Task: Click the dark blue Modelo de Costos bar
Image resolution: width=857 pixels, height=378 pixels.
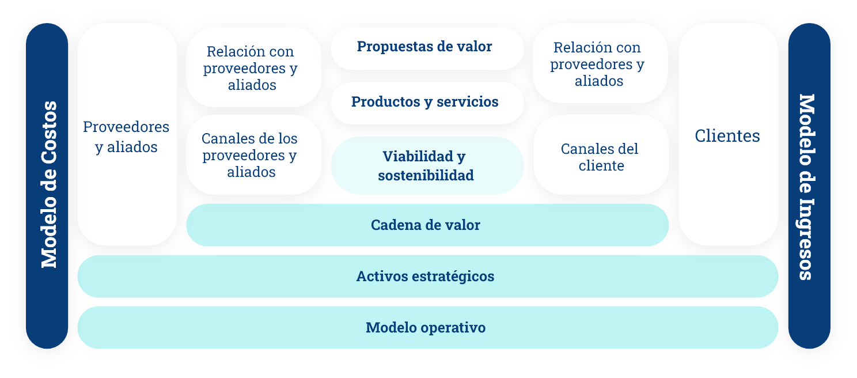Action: pos(47,186)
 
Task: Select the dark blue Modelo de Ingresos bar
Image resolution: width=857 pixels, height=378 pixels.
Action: pos(809,186)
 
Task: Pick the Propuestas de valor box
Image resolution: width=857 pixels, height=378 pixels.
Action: pos(427,48)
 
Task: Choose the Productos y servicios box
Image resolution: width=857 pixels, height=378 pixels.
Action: pos(427,103)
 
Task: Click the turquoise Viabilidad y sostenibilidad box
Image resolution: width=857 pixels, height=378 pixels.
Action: pos(427,165)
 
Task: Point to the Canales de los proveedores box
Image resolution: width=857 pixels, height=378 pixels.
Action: pos(253,154)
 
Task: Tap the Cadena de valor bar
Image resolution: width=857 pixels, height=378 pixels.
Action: pos(427,225)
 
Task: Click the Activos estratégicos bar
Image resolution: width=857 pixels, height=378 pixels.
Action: pos(427,276)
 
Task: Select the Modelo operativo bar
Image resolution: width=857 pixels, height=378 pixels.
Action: pos(427,327)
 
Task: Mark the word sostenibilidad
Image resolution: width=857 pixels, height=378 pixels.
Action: pos(426,175)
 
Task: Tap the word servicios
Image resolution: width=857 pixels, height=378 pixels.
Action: pos(468,102)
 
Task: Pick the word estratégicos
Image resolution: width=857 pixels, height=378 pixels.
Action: pos(453,277)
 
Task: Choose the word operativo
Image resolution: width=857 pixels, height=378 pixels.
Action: pos(453,328)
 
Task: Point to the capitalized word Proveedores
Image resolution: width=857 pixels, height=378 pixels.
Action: pos(126,127)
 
